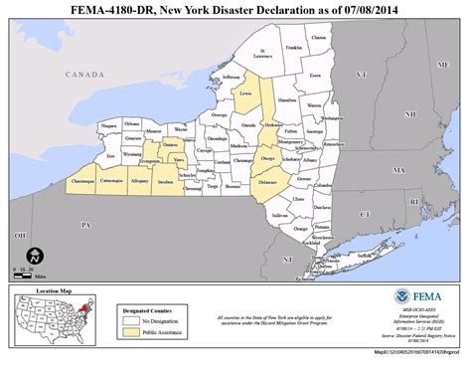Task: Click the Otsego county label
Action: click(267, 158)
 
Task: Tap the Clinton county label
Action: click(319, 37)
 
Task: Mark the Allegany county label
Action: click(139, 181)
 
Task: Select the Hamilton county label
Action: click(288, 99)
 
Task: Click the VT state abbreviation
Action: click(362, 75)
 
